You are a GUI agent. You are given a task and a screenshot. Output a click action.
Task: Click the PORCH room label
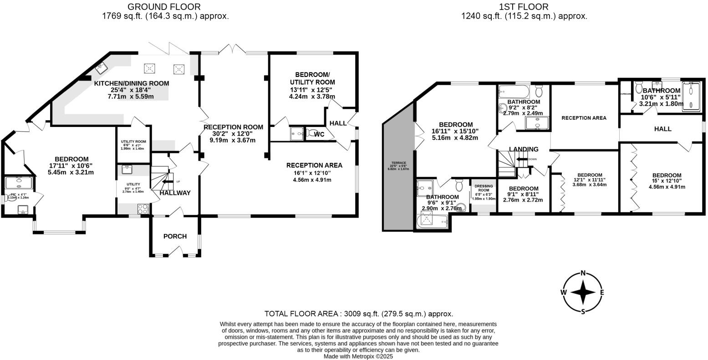[175, 236]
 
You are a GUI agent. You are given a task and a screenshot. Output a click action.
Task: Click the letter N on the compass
[583, 274]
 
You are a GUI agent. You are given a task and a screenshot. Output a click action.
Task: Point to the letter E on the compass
[602, 293]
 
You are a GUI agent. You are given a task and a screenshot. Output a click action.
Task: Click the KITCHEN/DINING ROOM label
[131, 83]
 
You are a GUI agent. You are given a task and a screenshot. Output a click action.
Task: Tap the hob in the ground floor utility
[143, 208]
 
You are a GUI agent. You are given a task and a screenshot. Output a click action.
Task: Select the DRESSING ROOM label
[483, 188]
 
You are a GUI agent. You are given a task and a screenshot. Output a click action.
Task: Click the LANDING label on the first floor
[524, 149]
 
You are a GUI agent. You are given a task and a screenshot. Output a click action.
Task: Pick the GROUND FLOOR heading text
[163, 7]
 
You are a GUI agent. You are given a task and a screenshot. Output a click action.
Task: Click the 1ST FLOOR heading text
[524, 7]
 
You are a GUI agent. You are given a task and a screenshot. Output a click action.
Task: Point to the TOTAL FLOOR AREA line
[359, 314]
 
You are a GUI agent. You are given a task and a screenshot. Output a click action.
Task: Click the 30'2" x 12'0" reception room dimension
[233, 134]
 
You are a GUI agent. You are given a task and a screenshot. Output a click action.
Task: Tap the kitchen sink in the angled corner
[101, 68]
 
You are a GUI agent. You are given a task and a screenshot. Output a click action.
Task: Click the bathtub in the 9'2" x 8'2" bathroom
[514, 90]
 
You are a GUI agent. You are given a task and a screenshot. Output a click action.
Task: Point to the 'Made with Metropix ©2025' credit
[358, 356]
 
